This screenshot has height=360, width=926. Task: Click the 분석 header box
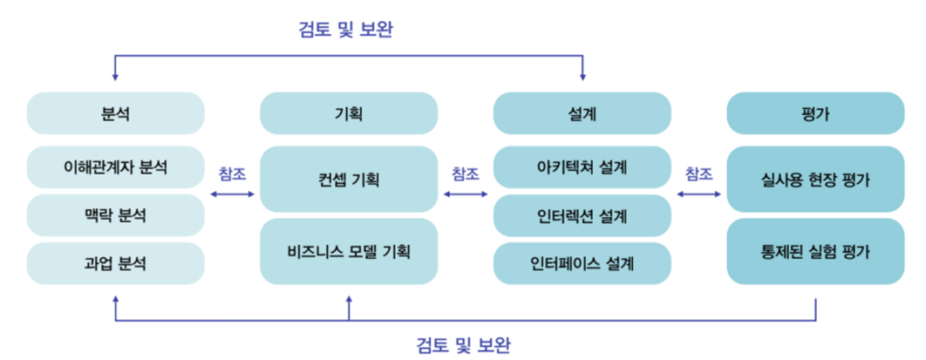click(x=115, y=113)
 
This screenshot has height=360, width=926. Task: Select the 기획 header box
click(x=349, y=113)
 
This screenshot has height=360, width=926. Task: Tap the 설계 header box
click(x=582, y=113)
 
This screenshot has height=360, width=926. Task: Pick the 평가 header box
click(x=815, y=113)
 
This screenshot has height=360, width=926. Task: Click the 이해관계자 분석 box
click(x=115, y=166)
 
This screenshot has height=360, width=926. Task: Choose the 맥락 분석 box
click(x=115, y=214)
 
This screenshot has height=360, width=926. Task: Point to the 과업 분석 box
click(x=115, y=262)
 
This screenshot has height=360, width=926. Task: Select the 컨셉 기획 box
click(x=349, y=180)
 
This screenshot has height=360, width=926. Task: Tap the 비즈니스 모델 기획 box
click(x=349, y=252)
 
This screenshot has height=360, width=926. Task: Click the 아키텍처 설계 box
click(x=582, y=166)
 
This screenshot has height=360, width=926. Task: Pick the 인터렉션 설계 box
click(x=582, y=214)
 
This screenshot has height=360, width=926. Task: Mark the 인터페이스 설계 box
click(x=582, y=262)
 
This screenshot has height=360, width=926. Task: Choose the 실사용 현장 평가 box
click(x=815, y=180)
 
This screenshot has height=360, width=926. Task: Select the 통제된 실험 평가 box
click(x=815, y=252)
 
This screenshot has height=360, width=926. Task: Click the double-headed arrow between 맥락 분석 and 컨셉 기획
click(x=232, y=194)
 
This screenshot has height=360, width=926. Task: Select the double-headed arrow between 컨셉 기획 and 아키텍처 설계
click(x=466, y=194)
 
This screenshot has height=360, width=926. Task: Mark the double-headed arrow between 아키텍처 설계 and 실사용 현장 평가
click(x=698, y=194)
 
